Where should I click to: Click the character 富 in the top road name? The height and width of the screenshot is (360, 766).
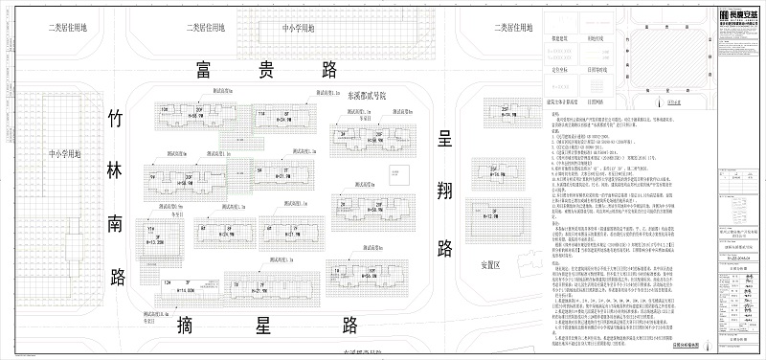pos(202,70)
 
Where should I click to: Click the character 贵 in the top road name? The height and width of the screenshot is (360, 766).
pos(266,70)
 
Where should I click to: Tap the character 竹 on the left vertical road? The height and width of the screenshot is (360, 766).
pos(117,120)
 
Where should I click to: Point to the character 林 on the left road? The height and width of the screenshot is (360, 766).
pos(117,172)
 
